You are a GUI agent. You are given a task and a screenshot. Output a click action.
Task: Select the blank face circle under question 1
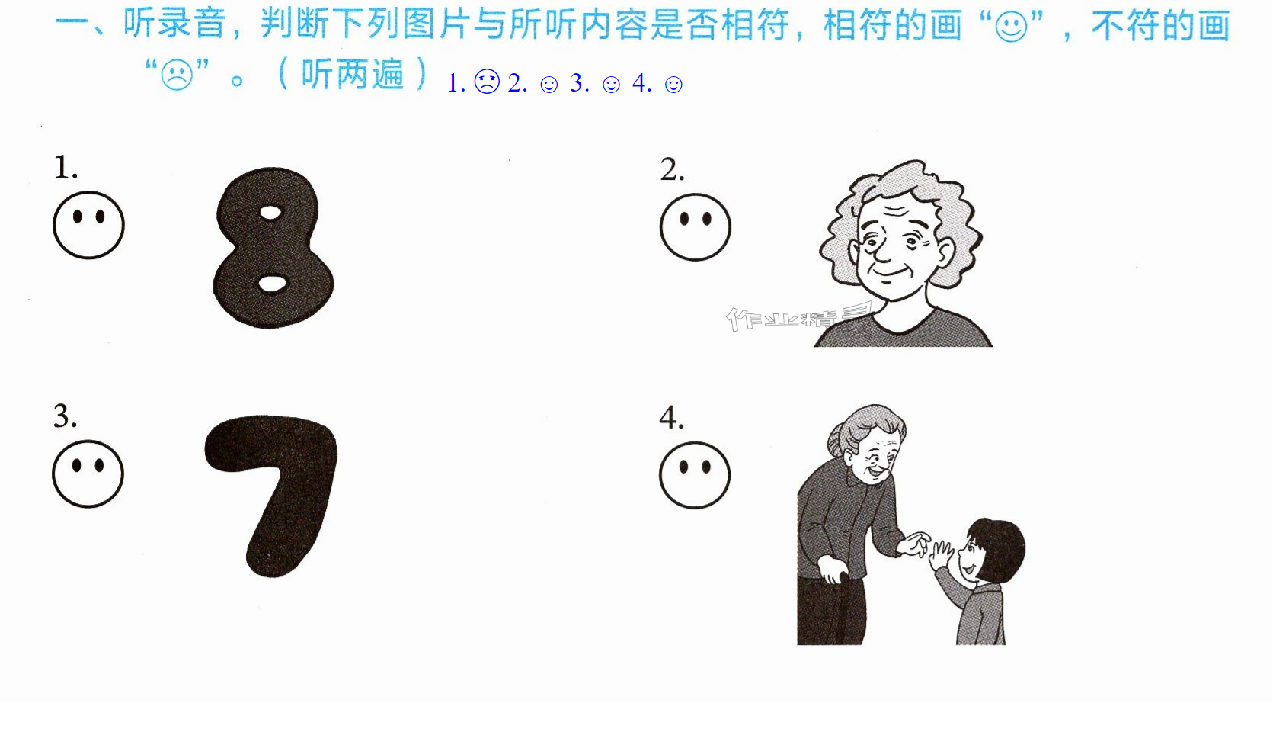click(x=88, y=225)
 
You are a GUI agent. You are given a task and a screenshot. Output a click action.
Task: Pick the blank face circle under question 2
click(x=695, y=227)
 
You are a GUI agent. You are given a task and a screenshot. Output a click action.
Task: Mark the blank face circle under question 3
click(x=88, y=474)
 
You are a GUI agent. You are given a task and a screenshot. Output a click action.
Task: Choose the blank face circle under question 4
click(x=695, y=475)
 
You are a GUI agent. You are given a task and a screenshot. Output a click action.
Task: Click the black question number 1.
click(x=65, y=168)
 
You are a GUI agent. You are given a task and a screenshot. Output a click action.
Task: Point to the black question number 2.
click(x=672, y=169)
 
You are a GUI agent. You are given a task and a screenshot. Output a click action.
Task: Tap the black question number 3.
click(x=64, y=416)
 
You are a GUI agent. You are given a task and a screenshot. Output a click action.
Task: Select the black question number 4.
click(x=671, y=418)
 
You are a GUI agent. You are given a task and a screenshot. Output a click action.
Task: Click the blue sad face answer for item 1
click(x=487, y=82)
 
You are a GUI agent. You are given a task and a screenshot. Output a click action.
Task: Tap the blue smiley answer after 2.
click(x=549, y=85)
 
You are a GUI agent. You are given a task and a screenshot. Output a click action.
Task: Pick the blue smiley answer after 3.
click(x=611, y=85)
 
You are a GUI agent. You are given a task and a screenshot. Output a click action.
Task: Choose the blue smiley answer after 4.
click(x=673, y=85)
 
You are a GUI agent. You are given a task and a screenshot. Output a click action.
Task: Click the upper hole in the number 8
click(x=270, y=213)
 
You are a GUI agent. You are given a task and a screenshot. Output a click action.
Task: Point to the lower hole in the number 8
click(x=273, y=283)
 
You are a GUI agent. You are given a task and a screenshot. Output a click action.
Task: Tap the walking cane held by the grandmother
click(x=847, y=608)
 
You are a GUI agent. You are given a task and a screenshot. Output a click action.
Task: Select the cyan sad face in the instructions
click(x=177, y=75)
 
